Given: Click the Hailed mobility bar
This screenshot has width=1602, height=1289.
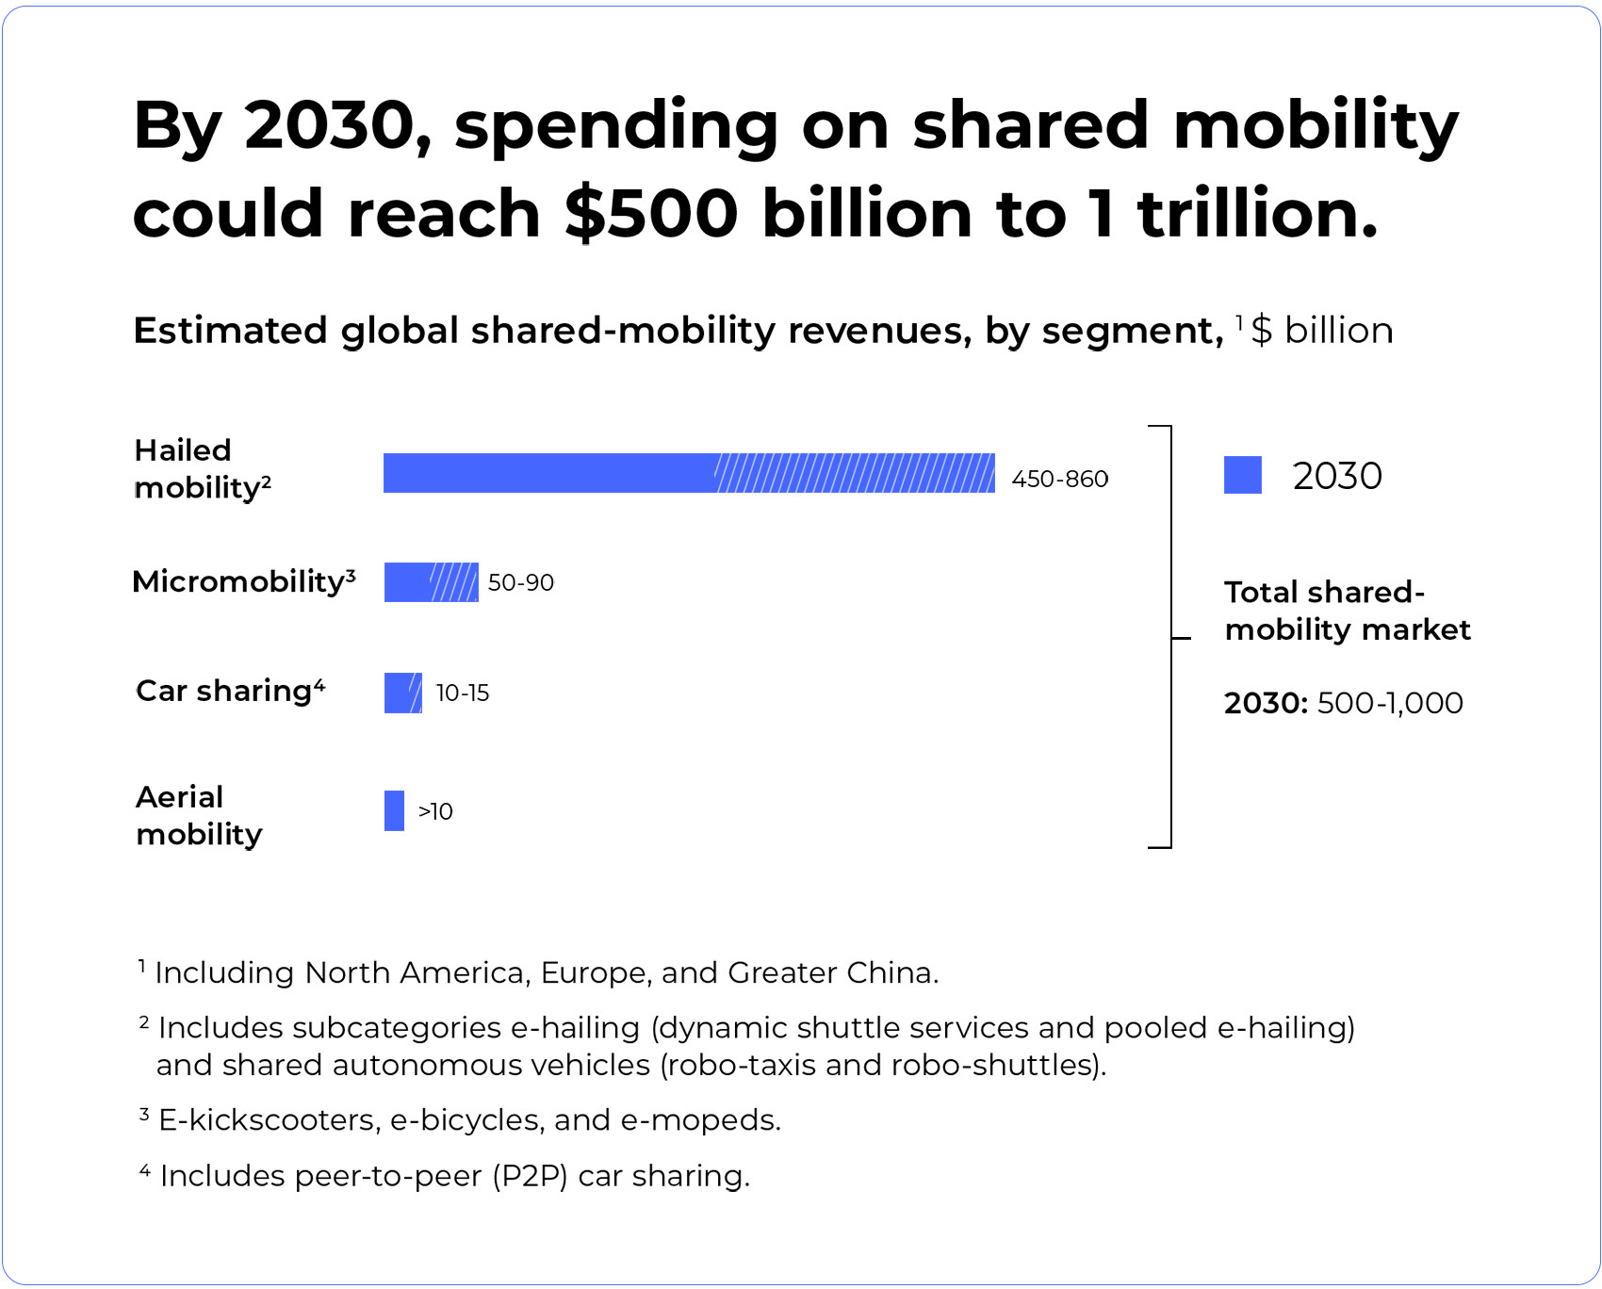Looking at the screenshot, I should coord(688,473).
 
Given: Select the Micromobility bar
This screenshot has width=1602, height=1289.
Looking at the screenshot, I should coord(431,582).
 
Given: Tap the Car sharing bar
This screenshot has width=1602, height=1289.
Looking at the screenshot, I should coord(402,693).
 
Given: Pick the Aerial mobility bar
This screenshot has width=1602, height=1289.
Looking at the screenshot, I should coord(394,810).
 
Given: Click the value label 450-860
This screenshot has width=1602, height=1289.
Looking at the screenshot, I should coord(1059,479).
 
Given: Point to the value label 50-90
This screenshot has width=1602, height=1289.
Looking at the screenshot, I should coord(520,582).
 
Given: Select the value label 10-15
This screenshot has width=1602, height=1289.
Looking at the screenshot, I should coord(462,693).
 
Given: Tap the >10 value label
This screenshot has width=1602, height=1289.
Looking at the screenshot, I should coord(435,811).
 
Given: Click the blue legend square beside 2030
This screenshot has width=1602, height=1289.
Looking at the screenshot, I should coord(1242,475).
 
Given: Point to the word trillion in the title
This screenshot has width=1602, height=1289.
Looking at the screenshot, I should coord(1257,213).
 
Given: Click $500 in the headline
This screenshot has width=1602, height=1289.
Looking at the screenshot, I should coord(651,213).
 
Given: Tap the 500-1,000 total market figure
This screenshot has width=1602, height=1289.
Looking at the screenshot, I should coord(1389,703).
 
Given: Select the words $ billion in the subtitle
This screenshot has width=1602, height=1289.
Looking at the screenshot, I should coord(1321,331).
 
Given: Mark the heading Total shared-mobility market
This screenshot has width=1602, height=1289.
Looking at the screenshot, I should coord(1346,611).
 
